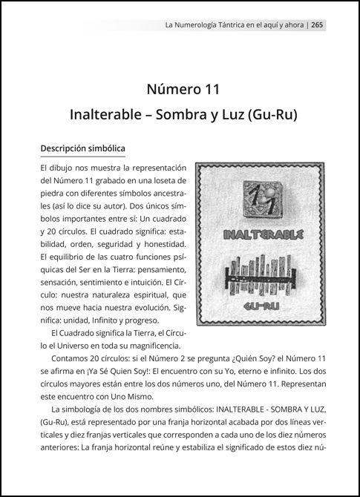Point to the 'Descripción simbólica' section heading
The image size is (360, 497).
point(82,149)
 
